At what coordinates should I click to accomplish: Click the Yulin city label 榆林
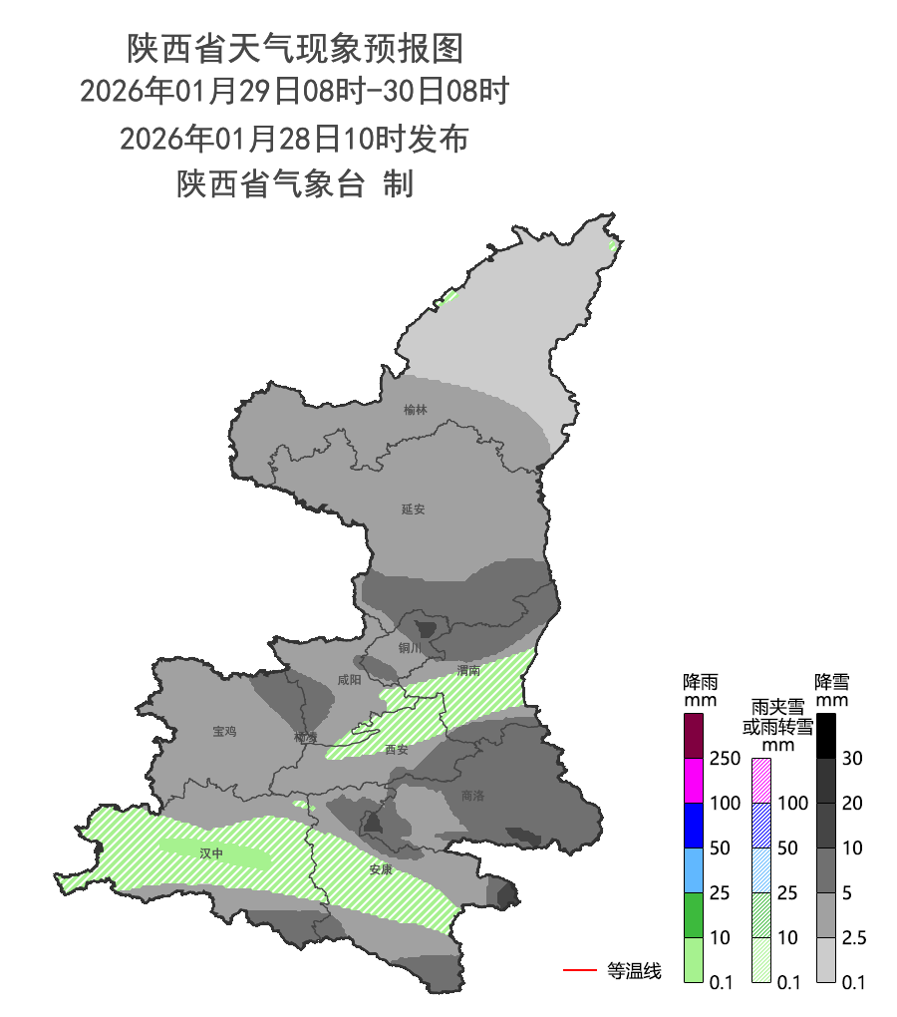pyautogui.click(x=416, y=410)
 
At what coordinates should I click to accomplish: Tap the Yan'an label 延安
pyautogui.click(x=414, y=509)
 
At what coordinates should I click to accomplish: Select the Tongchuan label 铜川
pyautogui.click(x=410, y=648)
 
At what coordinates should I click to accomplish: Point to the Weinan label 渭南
pyautogui.click(x=468, y=670)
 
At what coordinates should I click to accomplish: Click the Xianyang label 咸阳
pyautogui.click(x=350, y=680)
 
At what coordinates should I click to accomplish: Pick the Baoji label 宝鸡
pyautogui.click(x=224, y=732)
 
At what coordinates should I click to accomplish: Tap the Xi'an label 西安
pyautogui.click(x=397, y=750)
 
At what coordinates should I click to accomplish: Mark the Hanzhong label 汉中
pyautogui.click(x=211, y=853)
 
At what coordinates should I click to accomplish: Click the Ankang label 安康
pyautogui.click(x=381, y=869)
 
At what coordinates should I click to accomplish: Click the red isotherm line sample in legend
pyautogui.click(x=580, y=969)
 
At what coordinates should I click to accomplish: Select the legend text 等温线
pyautogui.click(x=634, y=970)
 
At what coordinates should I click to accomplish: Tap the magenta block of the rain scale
pyautogui.click(x=694, y=780)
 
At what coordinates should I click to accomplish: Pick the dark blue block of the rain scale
pyautogui.click(x=694, y=825)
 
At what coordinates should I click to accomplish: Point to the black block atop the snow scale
pyautogui.click(x=826, y=735)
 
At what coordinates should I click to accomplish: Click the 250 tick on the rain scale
pyautogui.click(x=725, y=759)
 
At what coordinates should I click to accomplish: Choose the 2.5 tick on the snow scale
pyautogui.click(x=854, y=938)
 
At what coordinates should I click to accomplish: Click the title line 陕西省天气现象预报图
pyautogui.click(x=296, y=47)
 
